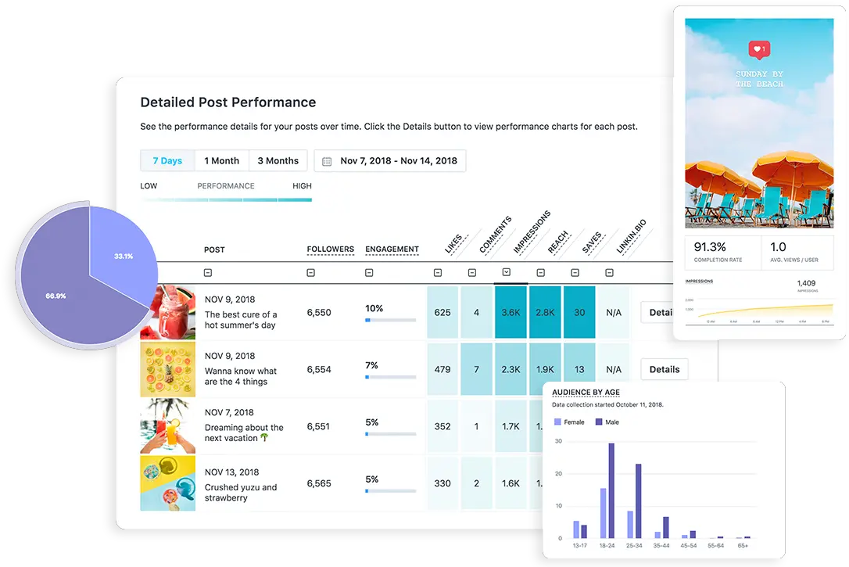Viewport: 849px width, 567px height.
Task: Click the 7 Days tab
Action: (167, 161)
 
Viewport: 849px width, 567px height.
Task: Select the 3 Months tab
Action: (278, 161)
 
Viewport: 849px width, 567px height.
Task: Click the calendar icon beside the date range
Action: (327, 162)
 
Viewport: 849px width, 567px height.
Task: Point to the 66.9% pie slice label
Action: (56, 296)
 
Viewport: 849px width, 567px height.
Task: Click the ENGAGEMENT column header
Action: (392, 249)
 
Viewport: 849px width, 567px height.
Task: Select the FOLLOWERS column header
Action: (330, 249)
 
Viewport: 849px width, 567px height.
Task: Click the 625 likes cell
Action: (442, 313)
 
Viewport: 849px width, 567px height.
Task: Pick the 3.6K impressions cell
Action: (510, 313)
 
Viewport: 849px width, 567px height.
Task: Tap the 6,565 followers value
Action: (319, 483)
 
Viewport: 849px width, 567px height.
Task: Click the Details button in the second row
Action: (664, 369)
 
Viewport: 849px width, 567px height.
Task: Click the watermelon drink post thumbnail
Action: (167, 312)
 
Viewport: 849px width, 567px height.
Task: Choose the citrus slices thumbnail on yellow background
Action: (167, 369)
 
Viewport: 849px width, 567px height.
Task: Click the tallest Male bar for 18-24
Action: (611, 490)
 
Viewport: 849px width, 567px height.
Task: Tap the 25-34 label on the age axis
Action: (634, 546)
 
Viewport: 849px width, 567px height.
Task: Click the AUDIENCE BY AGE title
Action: (586, 393)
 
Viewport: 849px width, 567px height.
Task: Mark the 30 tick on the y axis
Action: (558, 442)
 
